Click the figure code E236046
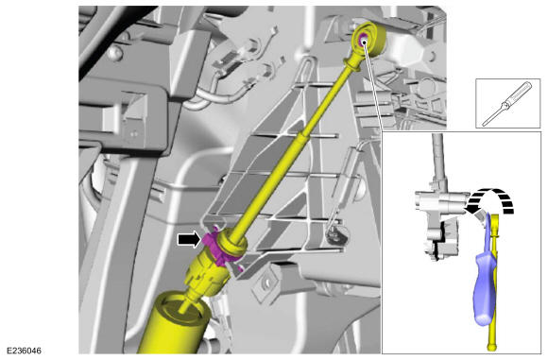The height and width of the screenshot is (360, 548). click(x=24, y=351)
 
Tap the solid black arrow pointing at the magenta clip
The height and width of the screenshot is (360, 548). click(x=189, y=240)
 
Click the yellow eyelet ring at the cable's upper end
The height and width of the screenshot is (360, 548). click(x=370, y=39)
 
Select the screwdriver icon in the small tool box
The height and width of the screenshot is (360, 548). click(x=507, y=103)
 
